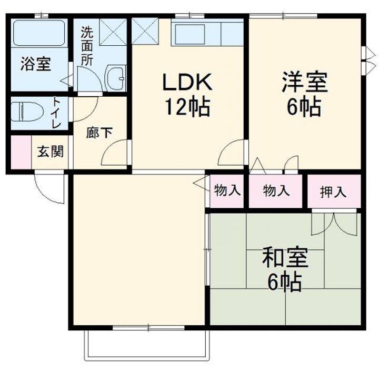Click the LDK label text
(x=187, y=82)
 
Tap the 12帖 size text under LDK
(x=187, y=107)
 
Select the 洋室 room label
(x=305, y=82)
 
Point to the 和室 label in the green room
(x=285, y=258)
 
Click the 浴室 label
(x=36, y=64)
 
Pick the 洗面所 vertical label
(x=87, y=46)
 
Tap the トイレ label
(x=56, y=113)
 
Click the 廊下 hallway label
(x=99, y=133)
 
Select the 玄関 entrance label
(x=51, y=152)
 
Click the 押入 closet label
(x=333, y=192)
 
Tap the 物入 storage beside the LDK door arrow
(x=227, y=190)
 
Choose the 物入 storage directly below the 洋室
(x=276, y=190)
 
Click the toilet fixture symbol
(x=27, y=112)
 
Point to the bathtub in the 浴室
(x=39, y=33)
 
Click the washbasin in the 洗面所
(x=116, y=78)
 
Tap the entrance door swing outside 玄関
(x=49, y=188)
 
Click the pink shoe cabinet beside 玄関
(x=21, y=152)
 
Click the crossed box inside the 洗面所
(x=113, y=32)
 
